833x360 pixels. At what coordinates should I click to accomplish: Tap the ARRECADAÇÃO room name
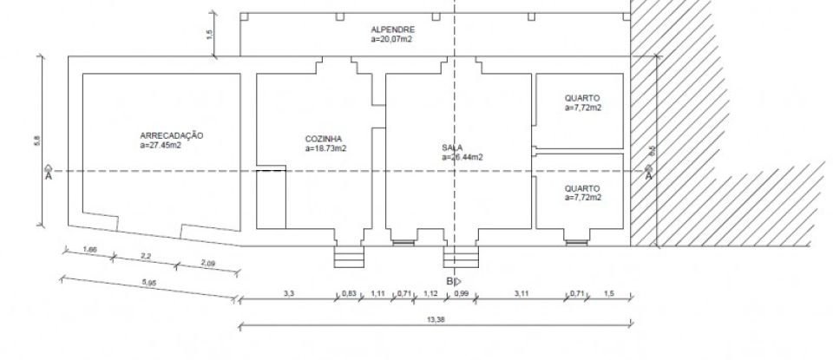[172, 135]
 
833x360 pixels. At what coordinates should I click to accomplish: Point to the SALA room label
[452, 148]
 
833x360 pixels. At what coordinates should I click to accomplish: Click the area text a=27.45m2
[166, 146]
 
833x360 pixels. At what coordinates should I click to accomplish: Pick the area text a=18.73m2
[326, 149]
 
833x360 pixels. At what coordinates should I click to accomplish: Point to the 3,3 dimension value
[289, 294]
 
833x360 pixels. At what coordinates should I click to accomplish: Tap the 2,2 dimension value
[146, 256]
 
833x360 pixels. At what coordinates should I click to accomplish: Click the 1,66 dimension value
[89, 251]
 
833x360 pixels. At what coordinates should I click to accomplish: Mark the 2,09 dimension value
[207, 263]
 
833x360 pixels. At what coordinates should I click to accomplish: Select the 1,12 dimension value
[430, 294]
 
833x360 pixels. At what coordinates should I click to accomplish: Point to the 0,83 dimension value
[349, 294]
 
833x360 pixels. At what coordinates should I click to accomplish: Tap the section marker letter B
[449, 281]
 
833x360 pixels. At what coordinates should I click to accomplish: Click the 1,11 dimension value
[377, 294]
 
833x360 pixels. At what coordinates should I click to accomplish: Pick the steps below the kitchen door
[348, 259]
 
